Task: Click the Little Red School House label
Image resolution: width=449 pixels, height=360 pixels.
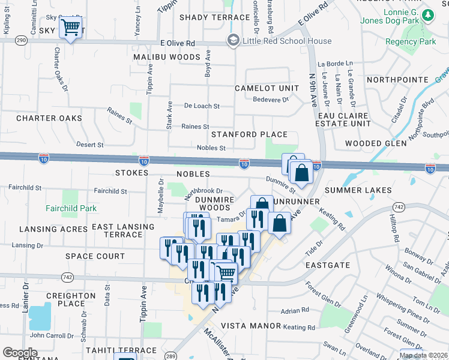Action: pyautogui.click(x=286, y=41)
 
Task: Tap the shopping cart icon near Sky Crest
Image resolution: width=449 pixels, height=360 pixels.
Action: pyautogui.click(x=71, y=28)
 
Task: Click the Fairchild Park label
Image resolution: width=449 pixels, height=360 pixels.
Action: pyautogui.click(x=71, y=208)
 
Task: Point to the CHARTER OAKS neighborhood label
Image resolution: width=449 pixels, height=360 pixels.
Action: pyautogui.click(x=49, y=118)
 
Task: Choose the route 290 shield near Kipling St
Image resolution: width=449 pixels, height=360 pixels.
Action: pyautogui.click(x=22, y=40)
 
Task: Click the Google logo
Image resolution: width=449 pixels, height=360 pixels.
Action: pyautogui.click(x=20, y=353)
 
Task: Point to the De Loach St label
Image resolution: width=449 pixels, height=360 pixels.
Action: pyautogui.click(x=202, y=106)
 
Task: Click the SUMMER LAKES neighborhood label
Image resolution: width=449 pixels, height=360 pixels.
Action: pyautogui.click(x=358, y=190)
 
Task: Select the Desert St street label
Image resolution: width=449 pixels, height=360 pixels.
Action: pyautogui.click(x=91, y=145)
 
